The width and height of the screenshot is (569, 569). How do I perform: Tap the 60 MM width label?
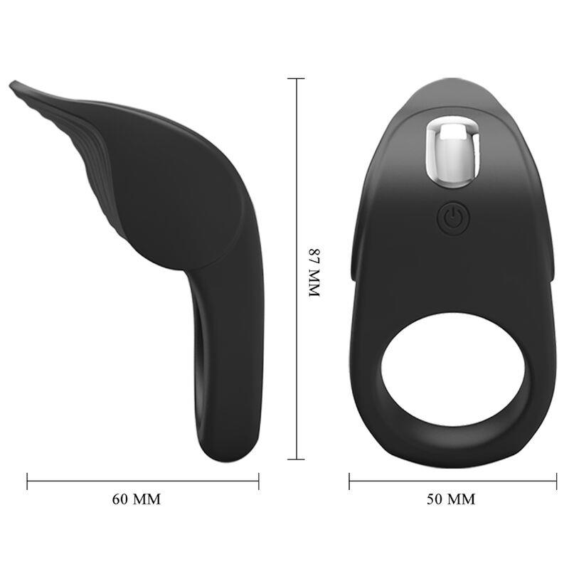[137, 499]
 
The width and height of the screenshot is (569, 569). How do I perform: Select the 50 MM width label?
[451, 499]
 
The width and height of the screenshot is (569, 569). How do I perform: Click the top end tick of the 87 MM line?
[297, 78]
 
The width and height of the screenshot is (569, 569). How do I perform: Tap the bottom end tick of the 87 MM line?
[297, 459]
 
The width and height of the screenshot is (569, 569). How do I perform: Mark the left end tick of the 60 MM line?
[28, 482]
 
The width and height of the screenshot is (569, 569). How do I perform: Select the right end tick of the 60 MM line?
[258, 482]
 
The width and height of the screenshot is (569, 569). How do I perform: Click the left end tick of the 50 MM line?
[349, 482]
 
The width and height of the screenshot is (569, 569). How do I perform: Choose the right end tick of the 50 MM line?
[555, 482]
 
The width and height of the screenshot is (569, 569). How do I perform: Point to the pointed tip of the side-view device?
[13, 86]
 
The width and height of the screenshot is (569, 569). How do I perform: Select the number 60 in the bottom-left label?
[122, 499]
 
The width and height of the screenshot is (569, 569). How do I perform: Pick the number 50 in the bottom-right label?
[435, 499]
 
